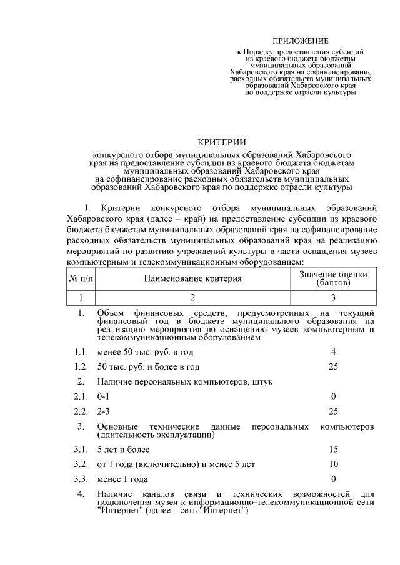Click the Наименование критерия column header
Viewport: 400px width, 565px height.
(x=193, y=278)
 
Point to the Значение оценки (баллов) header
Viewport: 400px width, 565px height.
(x=333, y=278)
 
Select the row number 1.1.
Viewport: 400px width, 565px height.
(x=80, y=352)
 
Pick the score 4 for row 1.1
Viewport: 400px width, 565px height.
(x=334, y=352)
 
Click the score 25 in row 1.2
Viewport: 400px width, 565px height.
(x=334, y=366)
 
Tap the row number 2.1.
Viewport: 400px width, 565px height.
(x=80, y=396)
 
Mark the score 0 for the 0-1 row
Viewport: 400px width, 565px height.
(x=334, y=396)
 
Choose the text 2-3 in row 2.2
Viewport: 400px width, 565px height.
(x=104, y=411)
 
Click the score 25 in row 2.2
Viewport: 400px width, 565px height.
(x=334, y=411)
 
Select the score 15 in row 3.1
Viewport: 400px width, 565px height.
(x=334, y=450)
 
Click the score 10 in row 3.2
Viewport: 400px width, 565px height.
(x=334, y=464)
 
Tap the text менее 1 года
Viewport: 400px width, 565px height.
(x=122, y=479)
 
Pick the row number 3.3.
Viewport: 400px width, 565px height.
(x=80, y=479)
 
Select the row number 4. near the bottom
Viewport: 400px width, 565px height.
(x=81, y=495)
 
